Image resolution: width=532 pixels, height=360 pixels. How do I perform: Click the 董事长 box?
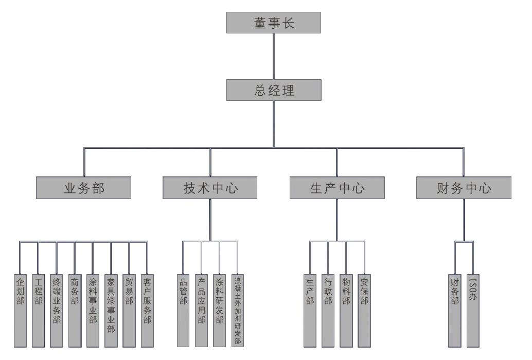click(x=274, y=23)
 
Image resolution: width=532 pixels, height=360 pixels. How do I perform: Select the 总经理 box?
click(x=274, y=90)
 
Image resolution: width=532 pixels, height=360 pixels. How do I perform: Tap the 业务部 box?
click(x=83, y=188)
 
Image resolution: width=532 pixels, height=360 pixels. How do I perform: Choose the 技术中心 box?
click(x=210, y=188)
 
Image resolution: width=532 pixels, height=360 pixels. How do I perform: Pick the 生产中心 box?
click(x=337, y=188)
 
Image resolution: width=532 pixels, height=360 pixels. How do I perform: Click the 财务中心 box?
click(x=464, y=188)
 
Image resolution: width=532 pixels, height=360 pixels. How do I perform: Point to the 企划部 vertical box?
click(x=20, y=310)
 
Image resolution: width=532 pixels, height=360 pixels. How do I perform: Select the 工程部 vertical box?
click(x=39, y=310)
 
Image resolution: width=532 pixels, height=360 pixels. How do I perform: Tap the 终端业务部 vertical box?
click(x=57, y=310)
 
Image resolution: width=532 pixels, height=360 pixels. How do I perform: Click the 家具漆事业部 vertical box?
click(x=111, y=310)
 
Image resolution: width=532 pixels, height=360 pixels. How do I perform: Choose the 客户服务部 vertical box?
click(x=147, y=310)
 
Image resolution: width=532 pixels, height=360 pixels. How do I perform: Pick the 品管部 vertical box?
click(x=183, y=310)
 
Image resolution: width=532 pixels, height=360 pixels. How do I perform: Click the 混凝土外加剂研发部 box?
click(x=237, y=310)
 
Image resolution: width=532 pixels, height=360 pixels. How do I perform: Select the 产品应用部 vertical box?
click(x=201, y=310)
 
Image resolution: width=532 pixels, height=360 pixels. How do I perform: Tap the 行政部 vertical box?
click(x=328, y=310)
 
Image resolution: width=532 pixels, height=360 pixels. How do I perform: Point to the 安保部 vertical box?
click(x=364, y=310)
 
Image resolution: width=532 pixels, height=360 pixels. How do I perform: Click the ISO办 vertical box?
click(x=473, y=310)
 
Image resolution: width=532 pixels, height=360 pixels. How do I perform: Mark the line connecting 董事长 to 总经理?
click(x=274, y=56)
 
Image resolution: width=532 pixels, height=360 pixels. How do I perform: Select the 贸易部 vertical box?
click(x=129, y=310)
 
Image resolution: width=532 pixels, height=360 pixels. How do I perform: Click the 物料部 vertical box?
click(x=346, y=310)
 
